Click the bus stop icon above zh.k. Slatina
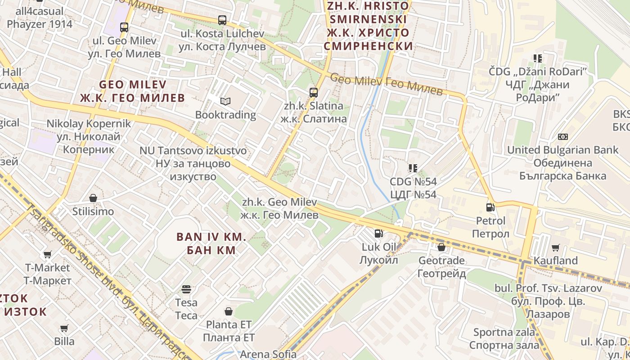[x=314, y=93]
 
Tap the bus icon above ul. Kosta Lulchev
[x=222, y=20]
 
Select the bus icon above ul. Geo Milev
[x=124, y=27]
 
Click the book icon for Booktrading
[x=225, y=102]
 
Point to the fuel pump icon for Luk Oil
[x=379, y=234]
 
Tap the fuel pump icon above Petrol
[x=490, y=207]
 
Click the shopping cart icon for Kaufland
[x=556, y=247]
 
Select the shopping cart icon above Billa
[x=64, y=328]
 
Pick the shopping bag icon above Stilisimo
[x=93, y=198]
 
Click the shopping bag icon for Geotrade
[x=441, y=247]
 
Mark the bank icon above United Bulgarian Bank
[x=562, y=137]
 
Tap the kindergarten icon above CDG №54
[x=413, y=168]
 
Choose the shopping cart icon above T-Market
[x=47, y=255]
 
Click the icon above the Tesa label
[x=186, y=289]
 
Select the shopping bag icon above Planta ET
[x=229, y=311]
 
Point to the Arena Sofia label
[x=268, y=354]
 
